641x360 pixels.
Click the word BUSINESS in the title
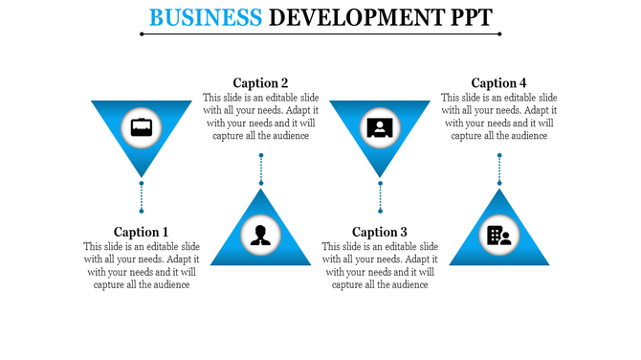tap(206, 16)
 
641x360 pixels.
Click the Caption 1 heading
tap(141, 232)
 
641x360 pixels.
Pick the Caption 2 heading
tap(260, 82)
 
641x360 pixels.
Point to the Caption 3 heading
tap(380, 232)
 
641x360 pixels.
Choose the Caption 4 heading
tap(498, 82)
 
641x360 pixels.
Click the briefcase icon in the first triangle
tap(141, 126)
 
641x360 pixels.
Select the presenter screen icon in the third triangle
tap(380, 126)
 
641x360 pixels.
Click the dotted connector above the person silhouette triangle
tap(260, 169)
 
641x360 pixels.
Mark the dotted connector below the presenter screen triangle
tap(380, 196)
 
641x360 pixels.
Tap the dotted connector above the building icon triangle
tap(498, 169)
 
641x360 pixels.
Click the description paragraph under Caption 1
tap(141, 265)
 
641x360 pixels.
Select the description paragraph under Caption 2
tap(260, 116)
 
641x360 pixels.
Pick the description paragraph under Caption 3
tap(380, 265)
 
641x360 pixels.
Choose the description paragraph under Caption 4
tap(498, 116)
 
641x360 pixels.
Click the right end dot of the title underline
tap(499, 34)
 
